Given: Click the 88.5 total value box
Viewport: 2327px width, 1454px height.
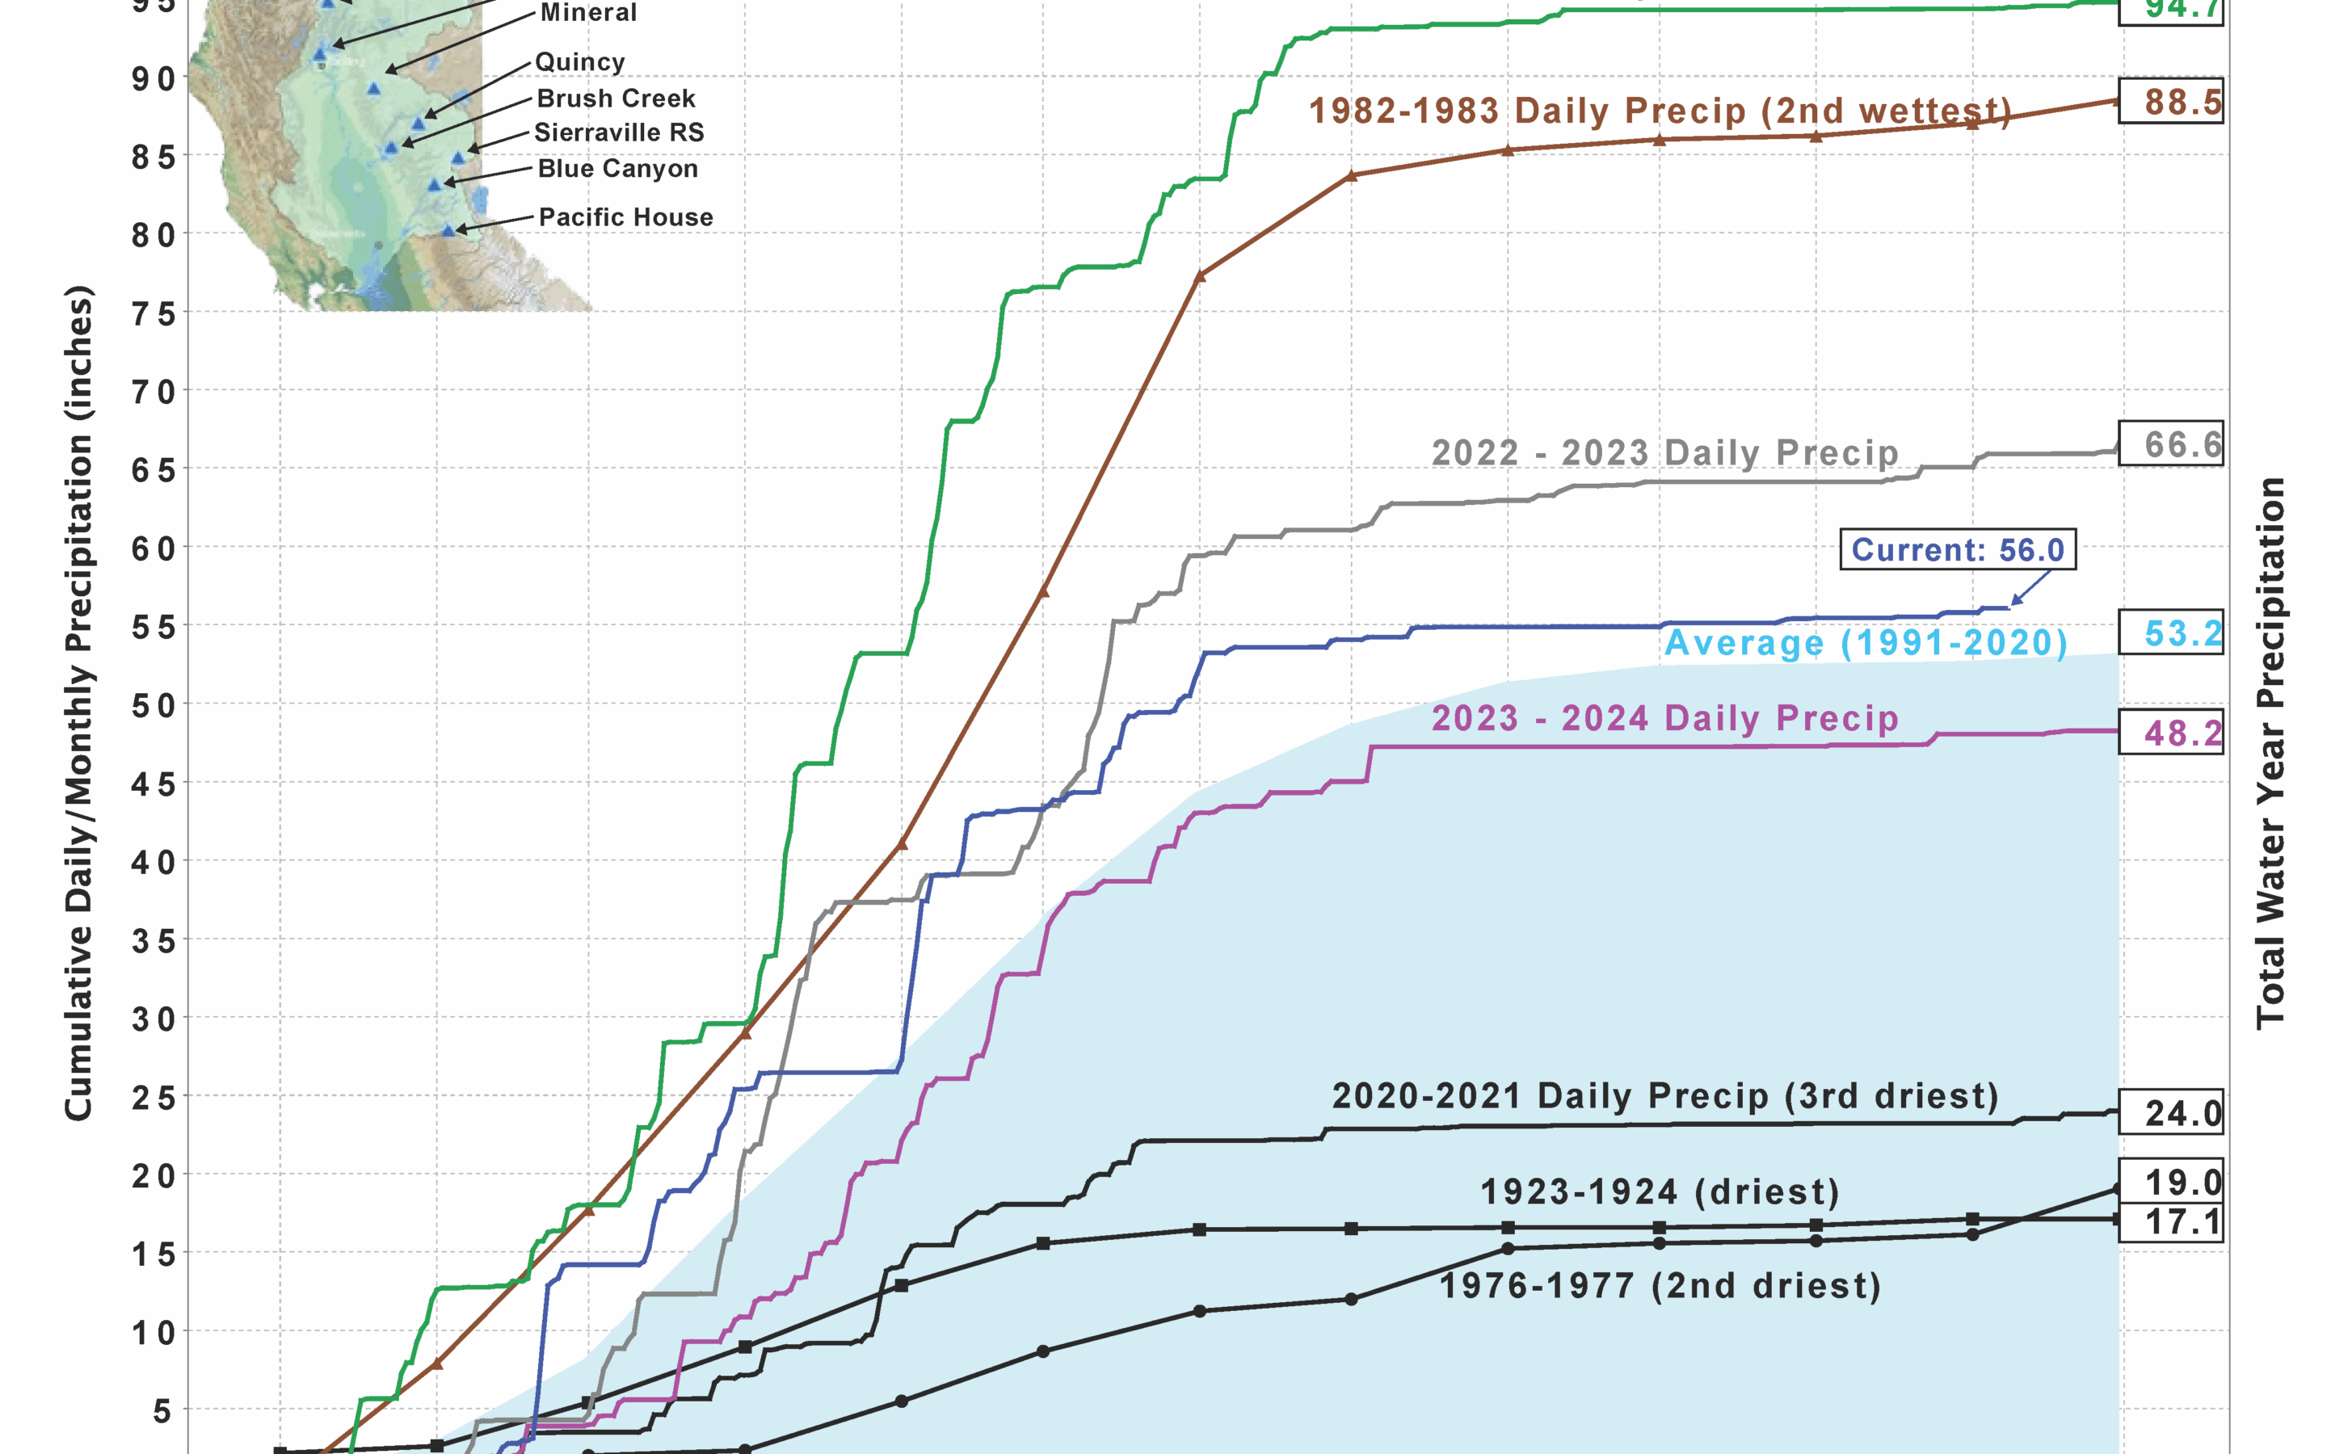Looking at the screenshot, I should [x=2170, y=101].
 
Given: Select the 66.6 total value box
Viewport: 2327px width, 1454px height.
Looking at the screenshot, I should [x=2170, y=444].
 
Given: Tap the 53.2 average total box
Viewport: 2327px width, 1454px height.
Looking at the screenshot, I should [x=2170, y=632].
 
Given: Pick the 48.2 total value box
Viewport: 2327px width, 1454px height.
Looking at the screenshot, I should [x=2170, y=733].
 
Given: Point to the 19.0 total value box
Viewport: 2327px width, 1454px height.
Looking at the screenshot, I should [x=2170, y=1182].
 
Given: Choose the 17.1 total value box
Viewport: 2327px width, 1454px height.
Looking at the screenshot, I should [x=2170, y=1222].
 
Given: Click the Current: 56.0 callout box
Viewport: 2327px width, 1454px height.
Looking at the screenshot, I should [x=1957, y=549].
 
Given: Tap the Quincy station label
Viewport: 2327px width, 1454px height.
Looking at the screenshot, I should [x=580, y=61].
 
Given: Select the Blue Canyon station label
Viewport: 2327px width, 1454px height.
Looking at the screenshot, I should [x=617, y=168].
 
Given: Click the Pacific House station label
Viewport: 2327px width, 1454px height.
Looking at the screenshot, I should [x=626, y=217].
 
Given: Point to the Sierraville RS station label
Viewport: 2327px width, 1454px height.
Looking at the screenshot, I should [x=619, y=132].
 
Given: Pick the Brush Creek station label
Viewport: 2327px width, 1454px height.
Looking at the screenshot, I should [x=616, y=98].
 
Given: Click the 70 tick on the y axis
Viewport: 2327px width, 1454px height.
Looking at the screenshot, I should [x=154, y=392].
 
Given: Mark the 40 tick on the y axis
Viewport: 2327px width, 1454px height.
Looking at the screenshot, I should [x=154, y=862].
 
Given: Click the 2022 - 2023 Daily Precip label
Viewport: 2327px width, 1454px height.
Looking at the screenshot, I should [x=1664, y=452].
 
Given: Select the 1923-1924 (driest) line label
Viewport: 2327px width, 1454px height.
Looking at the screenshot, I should [x=1660, y=1192].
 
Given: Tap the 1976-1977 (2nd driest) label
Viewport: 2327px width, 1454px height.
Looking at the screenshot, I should [x=1660, y=1286].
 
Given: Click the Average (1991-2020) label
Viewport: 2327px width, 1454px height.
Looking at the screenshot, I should [x=1866, y=642].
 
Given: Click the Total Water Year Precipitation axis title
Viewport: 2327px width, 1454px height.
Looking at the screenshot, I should [x=2270, y=754].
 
